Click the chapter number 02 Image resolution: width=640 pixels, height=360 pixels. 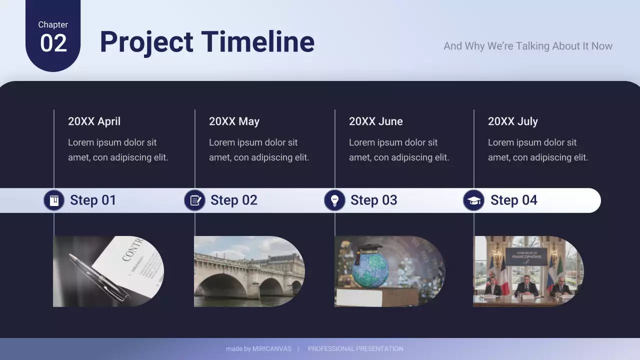click(53, 43)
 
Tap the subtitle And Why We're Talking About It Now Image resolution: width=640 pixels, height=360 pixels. click(527, 46)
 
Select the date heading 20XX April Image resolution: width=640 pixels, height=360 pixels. click(94, 121)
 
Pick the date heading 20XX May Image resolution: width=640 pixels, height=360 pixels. click(234, 121)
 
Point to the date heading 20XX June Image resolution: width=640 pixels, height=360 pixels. click(375, 121)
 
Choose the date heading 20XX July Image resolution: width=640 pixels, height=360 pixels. click(512, 121)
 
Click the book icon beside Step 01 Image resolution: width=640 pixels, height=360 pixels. click(54, 200)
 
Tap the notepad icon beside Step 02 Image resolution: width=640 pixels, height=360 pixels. click(195, 200)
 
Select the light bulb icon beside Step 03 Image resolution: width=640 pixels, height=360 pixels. click(335, 200)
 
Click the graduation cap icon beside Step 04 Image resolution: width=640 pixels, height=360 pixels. click(473, 200)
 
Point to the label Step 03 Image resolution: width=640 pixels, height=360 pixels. click(373, 200)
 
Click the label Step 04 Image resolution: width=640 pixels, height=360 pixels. click(513, 200)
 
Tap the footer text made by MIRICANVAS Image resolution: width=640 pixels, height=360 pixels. click(258, 349)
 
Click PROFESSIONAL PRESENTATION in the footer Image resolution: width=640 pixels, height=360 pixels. click(355, 349)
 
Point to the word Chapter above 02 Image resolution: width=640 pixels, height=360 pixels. click(53, 24)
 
